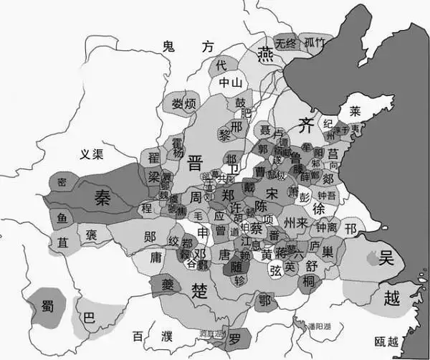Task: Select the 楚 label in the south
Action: click(200, 288)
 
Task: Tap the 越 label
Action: click(391, 298)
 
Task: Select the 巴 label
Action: click(88, 316)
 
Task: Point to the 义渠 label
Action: click(94, 153)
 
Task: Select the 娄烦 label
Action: click(183, 105)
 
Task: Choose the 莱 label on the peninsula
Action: click(355, 111)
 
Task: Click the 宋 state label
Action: click(272, 194)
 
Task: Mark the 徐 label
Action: click(320, 207)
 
